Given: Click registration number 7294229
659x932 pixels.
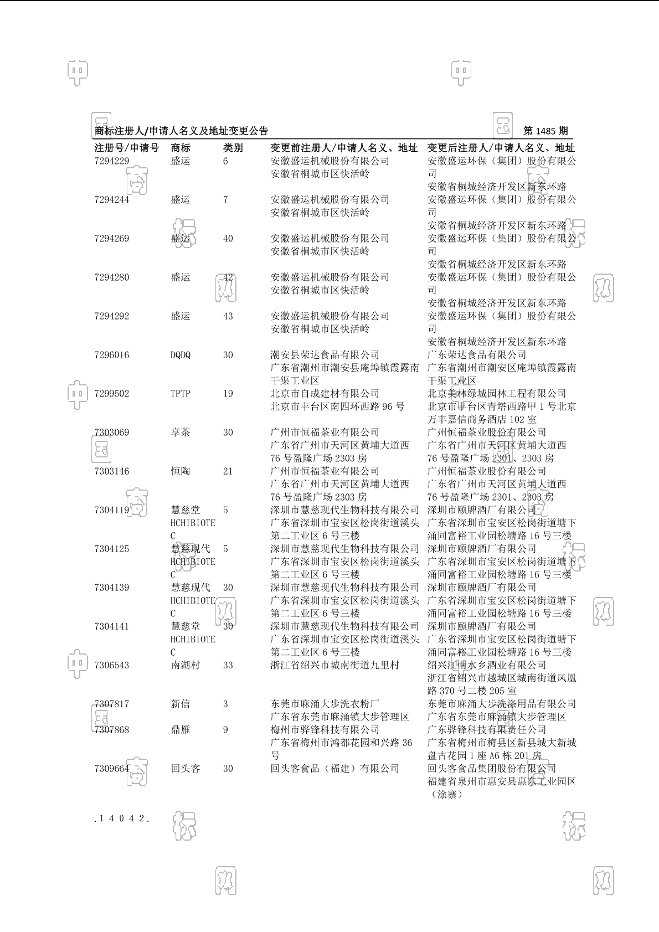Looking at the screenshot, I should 111,161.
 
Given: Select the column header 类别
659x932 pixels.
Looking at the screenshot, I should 233,148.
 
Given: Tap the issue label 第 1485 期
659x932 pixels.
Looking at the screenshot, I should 545,131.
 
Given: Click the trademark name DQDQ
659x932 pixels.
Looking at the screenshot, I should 181,355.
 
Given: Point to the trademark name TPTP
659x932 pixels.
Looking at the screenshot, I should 181,394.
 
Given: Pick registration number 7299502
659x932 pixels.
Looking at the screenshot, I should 111,394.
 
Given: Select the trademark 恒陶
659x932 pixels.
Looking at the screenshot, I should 181,471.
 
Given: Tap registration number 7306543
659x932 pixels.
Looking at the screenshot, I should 111,665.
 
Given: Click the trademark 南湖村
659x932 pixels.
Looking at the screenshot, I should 185,665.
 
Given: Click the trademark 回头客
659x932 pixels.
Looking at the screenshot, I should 185,769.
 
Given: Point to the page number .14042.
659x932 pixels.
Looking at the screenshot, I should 122,818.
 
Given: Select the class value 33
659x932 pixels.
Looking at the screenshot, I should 228,665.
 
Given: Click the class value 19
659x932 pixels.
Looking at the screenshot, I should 228,394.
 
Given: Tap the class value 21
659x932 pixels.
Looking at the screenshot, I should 228,471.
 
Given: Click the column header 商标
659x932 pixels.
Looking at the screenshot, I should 181,148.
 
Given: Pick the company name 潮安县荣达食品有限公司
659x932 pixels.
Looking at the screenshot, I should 325,355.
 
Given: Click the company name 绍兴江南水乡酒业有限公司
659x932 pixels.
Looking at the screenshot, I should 487,665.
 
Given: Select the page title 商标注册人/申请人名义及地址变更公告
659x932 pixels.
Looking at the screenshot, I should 182,131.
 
